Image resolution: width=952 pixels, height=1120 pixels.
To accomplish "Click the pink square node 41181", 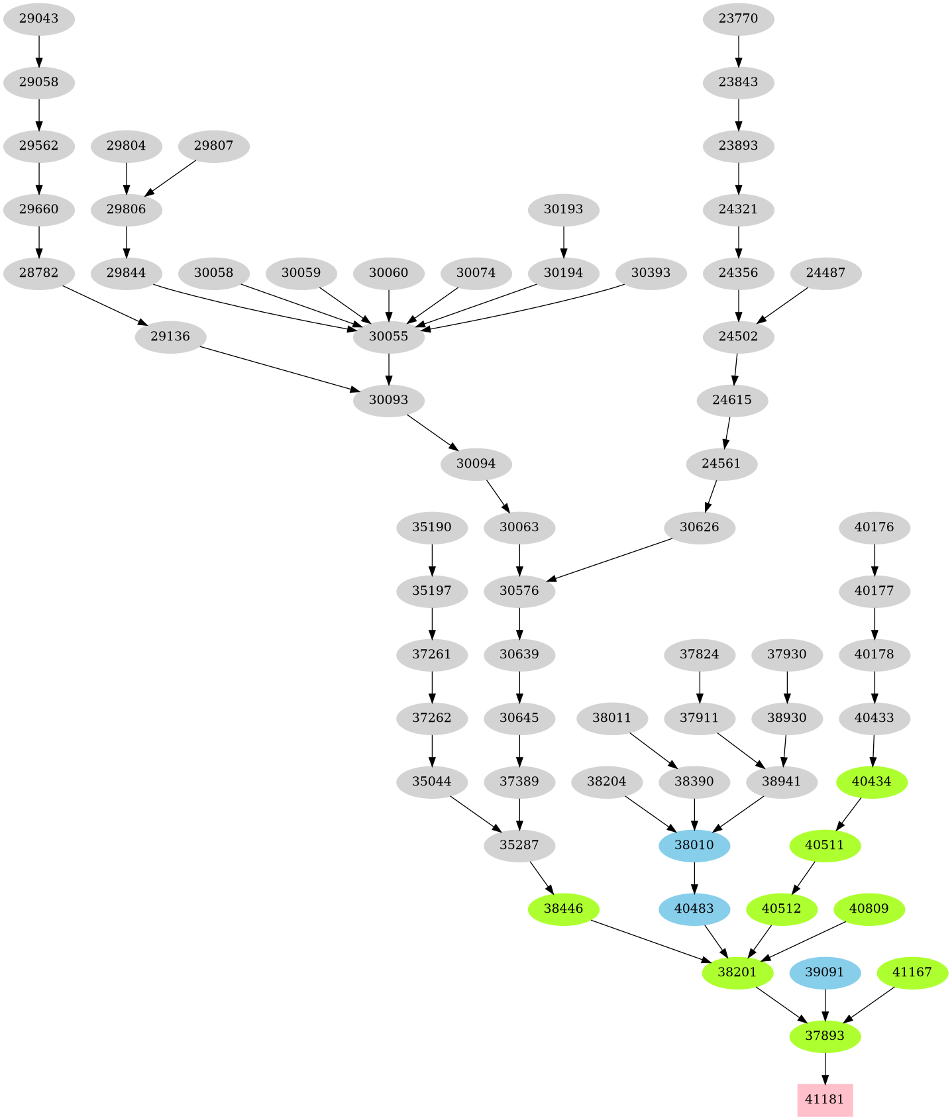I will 824,1099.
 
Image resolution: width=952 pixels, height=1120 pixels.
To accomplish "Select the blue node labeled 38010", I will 694,845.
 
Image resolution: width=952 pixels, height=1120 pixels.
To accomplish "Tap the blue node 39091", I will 824,972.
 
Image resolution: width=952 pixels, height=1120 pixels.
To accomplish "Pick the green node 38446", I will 563,909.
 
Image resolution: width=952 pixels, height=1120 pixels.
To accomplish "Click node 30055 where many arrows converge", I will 388,336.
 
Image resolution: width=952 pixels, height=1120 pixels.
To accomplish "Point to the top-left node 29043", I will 38,19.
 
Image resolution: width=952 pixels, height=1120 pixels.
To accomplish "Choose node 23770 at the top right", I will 738,19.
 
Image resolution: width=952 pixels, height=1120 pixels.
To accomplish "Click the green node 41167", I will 912,972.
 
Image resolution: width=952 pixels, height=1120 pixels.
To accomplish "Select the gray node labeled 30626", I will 699,528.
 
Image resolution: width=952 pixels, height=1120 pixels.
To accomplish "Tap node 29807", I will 213,146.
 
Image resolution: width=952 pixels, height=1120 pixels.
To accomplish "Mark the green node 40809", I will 868,909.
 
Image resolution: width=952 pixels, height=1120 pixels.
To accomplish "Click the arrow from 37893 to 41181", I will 824,1068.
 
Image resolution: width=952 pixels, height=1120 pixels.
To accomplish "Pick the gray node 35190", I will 431,528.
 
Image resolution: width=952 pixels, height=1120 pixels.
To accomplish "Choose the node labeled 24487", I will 825,273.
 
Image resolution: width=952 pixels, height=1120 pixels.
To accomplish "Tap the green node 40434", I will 871,782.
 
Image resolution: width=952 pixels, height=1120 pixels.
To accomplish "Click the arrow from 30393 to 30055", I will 523,309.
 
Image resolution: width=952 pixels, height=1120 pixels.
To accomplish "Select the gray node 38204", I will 606,782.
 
